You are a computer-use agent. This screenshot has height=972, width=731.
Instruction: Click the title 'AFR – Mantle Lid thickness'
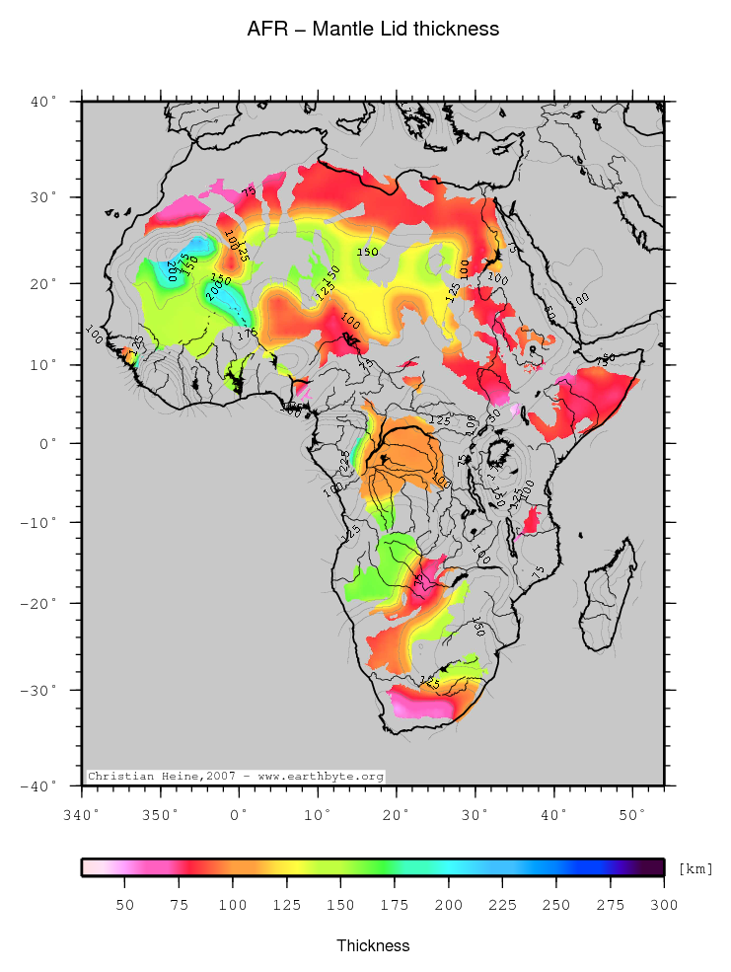click(x=373, y=30)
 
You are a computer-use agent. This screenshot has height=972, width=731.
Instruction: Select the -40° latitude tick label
click(x=44, y=786)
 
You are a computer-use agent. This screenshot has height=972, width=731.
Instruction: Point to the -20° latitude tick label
click(x=44, y=603)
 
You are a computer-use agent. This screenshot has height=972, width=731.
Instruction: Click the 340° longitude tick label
click(x=82, y=815)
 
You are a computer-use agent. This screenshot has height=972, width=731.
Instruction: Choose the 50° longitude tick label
click(x=632, y=815)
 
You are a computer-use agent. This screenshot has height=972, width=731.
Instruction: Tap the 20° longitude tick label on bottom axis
click(x=397, y=815)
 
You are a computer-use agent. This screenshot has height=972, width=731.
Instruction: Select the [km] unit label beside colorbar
click(x=695, y=868)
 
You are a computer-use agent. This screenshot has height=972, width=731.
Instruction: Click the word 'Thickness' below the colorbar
click(x=373, y=945)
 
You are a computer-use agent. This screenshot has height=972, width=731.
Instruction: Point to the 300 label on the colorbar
click(x=664, y=905)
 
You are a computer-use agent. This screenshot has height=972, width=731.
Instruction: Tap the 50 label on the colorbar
click(x=124, y=905)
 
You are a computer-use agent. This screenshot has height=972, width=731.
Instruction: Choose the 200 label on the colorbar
click(x=448, y=905)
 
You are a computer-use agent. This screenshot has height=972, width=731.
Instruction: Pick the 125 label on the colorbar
click(x=286, y=905)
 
